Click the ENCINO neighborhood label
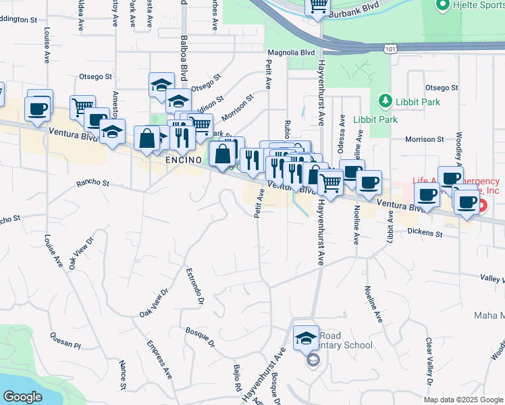184,159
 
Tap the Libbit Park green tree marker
385,102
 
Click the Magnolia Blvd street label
292,53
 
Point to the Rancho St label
92,182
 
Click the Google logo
23,396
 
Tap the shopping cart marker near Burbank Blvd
317,6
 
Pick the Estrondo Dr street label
194,287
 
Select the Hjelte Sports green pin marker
443,6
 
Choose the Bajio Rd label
238,379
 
